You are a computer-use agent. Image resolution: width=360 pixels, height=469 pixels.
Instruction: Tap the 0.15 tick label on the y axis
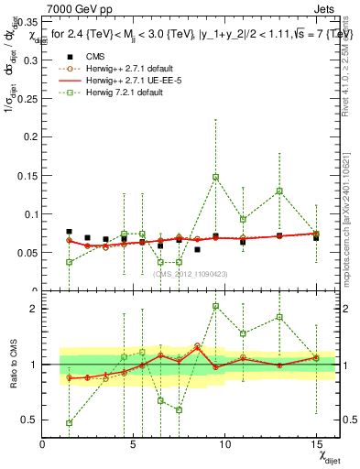tap(27, 161)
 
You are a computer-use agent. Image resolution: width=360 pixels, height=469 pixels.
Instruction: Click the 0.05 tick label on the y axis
tap(27, 250)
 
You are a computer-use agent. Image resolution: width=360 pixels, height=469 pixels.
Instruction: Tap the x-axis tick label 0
tap(42, 443)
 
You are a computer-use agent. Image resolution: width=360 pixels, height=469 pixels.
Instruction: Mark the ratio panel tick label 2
tap(32, 309)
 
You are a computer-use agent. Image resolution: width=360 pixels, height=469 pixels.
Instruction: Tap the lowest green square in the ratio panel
tap(70, 422)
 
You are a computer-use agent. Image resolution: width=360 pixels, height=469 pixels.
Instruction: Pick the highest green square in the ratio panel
tap(215, 307)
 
